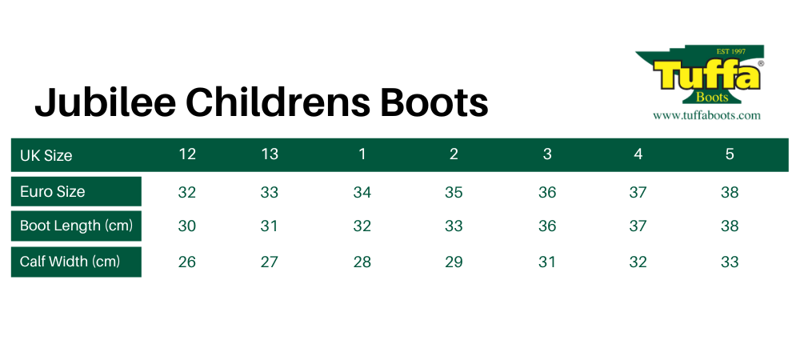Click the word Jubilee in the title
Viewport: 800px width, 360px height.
[x=106, y=102]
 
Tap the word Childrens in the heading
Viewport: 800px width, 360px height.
[x=280, y=102]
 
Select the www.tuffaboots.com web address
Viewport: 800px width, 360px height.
[x=706, y=115]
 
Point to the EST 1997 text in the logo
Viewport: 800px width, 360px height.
[x=731, y=51]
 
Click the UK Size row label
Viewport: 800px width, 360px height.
[x=46, y=155]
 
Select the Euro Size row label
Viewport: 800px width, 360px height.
[x=52, y=192]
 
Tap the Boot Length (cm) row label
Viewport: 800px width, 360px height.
[x=76, y=226]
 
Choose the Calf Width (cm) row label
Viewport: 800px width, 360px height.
[x=70, y=262]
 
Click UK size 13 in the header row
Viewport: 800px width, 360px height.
[x=270, y=154]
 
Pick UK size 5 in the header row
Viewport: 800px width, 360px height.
[x=730, y=154]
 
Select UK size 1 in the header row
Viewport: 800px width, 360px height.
[x=362, y=154]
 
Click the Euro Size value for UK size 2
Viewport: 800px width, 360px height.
[x=454, y=192]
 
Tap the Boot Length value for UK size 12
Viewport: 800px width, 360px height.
[x=187, y=226]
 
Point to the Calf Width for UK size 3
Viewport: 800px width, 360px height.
[x=547, y=262]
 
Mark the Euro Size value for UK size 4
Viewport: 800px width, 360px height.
[x=638, y=192]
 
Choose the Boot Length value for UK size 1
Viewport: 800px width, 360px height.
[x=362, y=226]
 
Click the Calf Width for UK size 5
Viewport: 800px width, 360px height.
[x=730, y=262]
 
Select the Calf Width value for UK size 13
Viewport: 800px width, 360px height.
[x=270, y=262]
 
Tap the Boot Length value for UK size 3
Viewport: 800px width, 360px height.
[x=547, y=226]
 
